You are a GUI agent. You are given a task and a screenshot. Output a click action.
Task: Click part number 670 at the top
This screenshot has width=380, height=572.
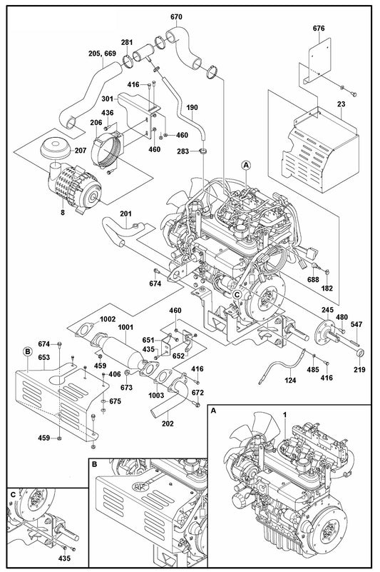pyautogui.click(x=176, y=16)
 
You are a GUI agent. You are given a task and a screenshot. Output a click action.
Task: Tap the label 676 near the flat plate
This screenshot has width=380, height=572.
pyautogui.click(x=319, y=29)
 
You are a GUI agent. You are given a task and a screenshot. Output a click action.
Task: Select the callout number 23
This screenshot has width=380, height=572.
pyautogui.click(x=322, y=104)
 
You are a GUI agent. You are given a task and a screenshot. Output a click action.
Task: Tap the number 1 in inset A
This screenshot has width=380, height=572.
pyautogui.click(x=284, y=415)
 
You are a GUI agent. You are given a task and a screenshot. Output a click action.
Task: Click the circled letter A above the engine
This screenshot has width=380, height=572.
pyautogui.click(x=247, y=165)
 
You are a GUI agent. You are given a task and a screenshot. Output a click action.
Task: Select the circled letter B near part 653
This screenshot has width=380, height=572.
pyautogui.click(x=27, y=351)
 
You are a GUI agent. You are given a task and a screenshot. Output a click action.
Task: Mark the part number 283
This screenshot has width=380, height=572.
pyautogui.click(x=183, y=151)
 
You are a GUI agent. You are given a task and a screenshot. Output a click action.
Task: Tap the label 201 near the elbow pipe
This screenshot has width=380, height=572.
pyautogui.click(x=125, y=214)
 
